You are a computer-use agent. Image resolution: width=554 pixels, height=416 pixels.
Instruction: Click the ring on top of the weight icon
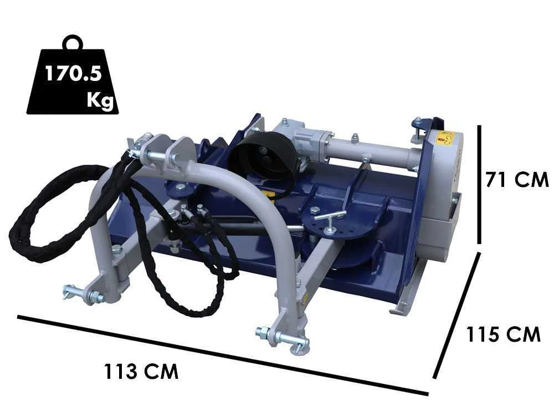[73, 43]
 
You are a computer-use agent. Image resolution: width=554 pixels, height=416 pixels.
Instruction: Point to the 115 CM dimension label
[504, 334]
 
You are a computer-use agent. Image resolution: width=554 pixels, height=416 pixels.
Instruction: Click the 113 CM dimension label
[141, 372]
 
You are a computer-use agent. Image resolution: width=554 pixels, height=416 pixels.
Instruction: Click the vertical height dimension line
[479, 184]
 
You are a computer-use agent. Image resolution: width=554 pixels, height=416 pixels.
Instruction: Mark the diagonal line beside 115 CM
[457, 315]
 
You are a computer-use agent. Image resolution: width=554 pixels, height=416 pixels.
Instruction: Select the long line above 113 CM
[223, 355]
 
